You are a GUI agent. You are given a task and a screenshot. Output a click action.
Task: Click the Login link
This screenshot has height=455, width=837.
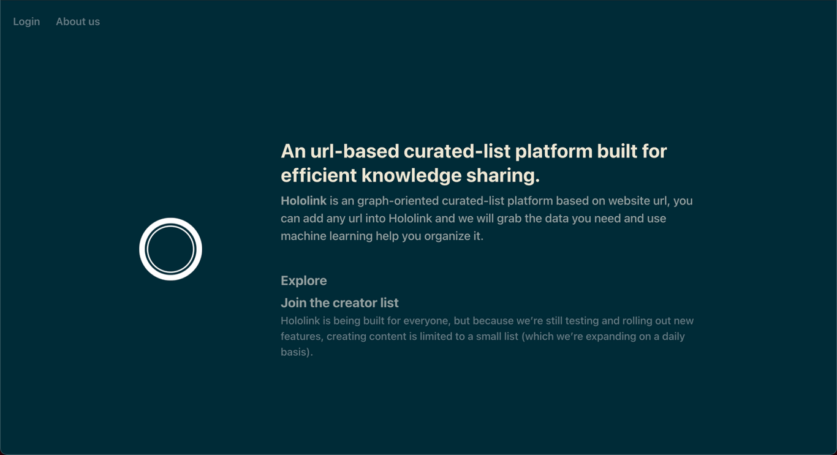point(26,21)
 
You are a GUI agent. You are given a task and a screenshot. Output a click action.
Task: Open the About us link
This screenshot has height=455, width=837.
point(78,21)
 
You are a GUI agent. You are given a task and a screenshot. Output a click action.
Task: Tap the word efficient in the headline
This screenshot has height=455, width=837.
point(319,175)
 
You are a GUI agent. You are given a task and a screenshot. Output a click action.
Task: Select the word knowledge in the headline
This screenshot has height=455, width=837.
point(411,176)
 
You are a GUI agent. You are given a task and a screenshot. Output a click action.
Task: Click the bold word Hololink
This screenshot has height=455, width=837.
point(303,201)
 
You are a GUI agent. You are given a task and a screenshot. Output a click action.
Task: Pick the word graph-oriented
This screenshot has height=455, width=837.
point(398,201)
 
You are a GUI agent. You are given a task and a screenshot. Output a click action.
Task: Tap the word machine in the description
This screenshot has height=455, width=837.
point(303,236)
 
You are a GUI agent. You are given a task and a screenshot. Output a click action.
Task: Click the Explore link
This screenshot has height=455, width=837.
point(304,281)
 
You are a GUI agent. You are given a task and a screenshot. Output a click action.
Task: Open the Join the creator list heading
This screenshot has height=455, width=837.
point(339,303)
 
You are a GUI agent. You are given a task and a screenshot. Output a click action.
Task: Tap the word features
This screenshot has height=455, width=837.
point(301,337)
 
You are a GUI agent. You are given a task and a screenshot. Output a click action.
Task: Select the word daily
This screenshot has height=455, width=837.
point(673,337)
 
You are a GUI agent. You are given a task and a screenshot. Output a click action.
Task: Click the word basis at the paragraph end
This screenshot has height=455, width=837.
point(294,352)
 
